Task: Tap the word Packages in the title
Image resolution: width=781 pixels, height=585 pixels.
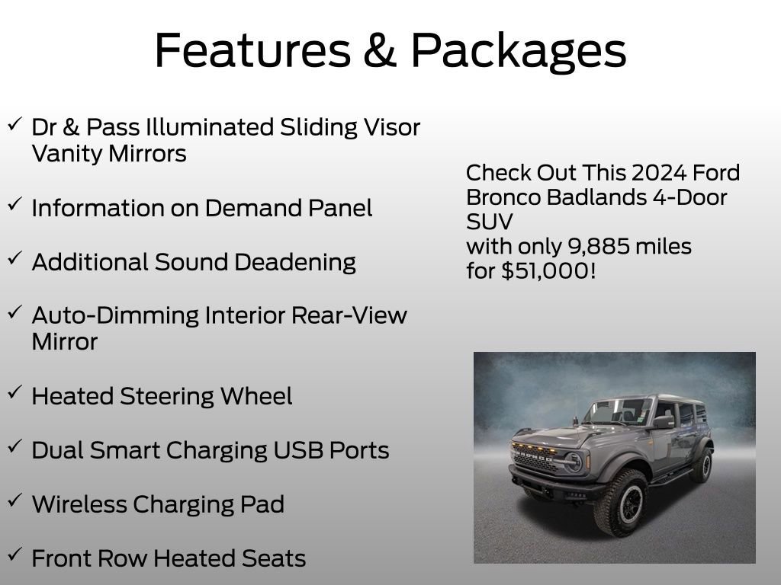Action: click(519, 52)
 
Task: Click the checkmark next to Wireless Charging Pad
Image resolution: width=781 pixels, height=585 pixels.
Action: click(14, 500)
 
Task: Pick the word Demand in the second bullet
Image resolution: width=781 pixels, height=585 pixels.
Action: click(260, 208)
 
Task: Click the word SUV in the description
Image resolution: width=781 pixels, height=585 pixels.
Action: click(489, 222)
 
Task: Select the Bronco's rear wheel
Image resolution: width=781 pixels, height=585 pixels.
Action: click(702, 464)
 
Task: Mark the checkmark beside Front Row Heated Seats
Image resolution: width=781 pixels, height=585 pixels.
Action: click(14, 555)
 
